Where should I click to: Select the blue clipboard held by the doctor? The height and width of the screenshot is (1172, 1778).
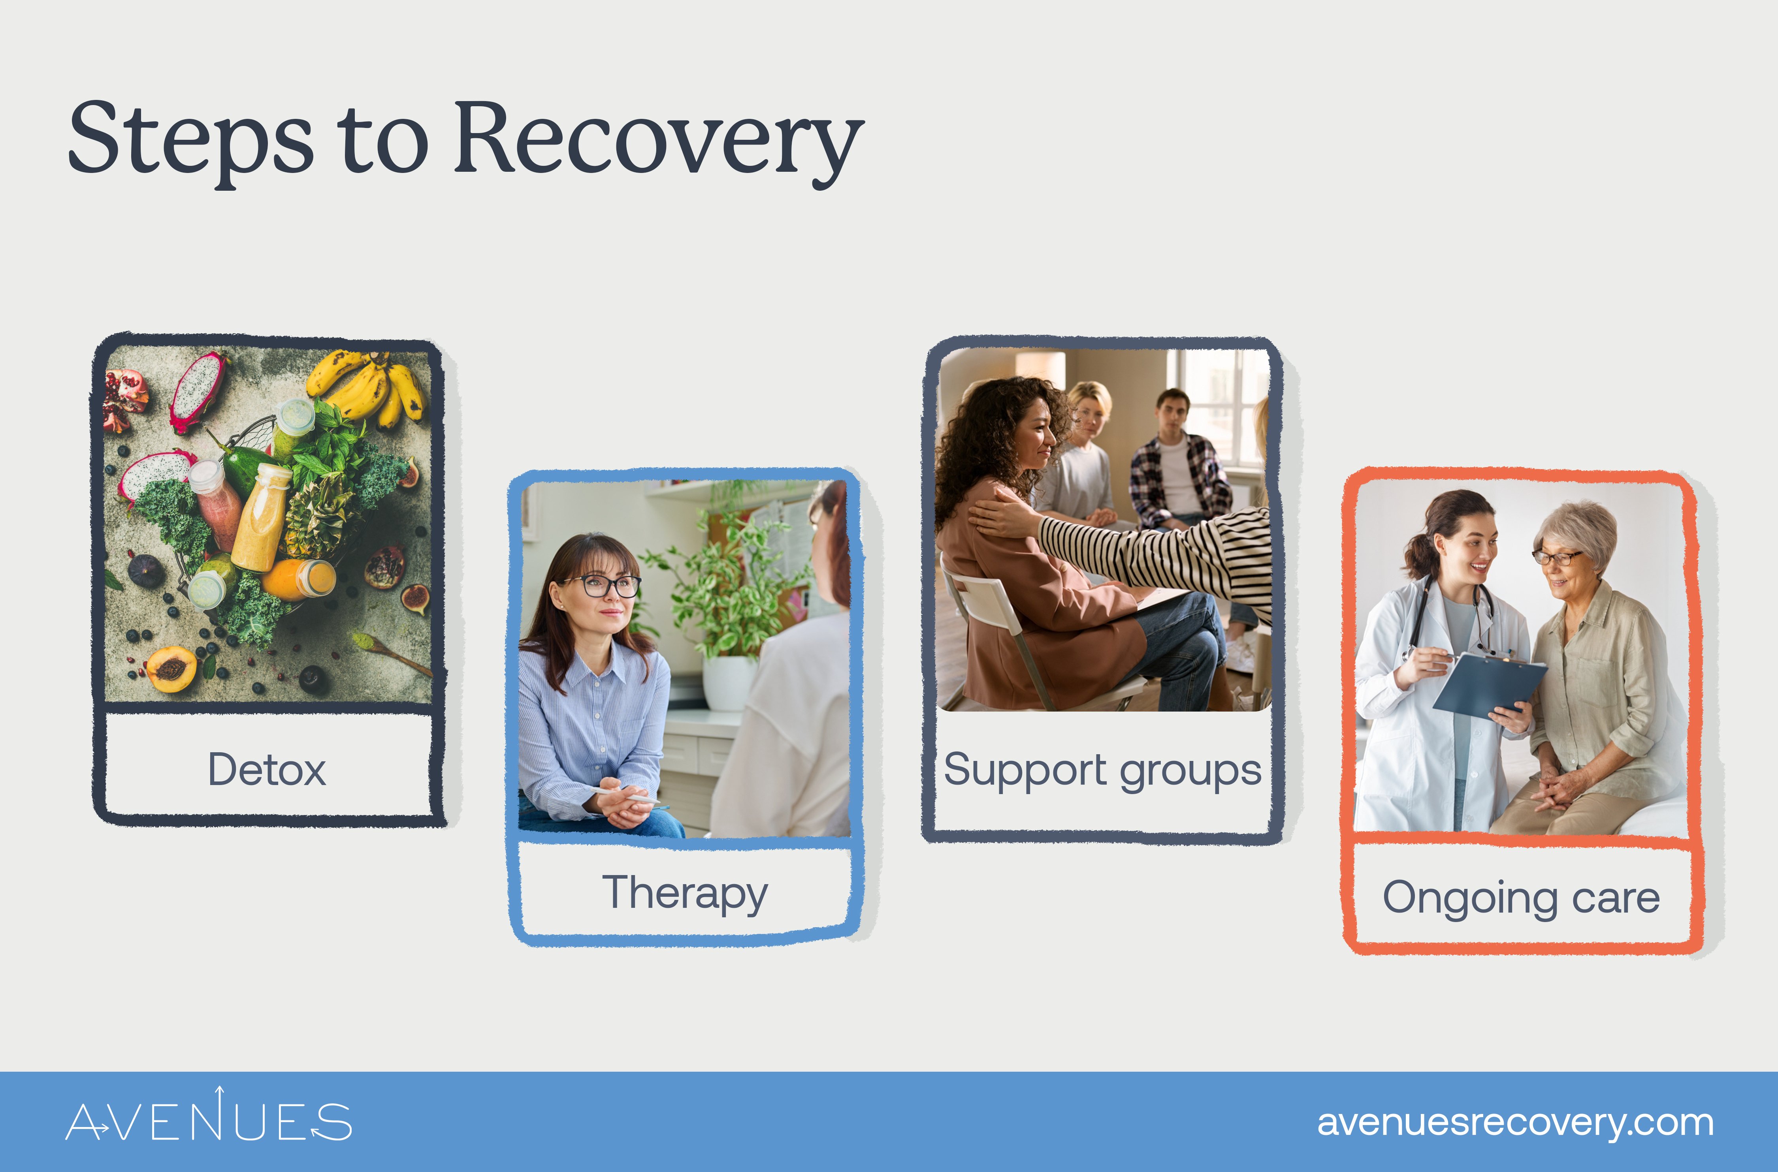(1488, 684)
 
